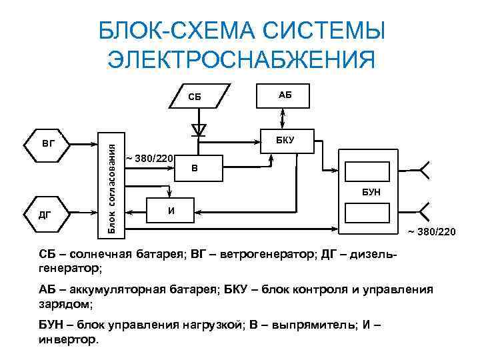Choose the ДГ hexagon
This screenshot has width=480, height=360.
[46, 214]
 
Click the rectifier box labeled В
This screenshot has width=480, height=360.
[194, 168]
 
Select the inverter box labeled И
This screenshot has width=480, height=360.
[171, 211]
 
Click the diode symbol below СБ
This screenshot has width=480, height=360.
[199, 129]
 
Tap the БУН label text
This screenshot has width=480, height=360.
[371, 192]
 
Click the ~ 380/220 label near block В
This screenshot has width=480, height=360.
[150, 158]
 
